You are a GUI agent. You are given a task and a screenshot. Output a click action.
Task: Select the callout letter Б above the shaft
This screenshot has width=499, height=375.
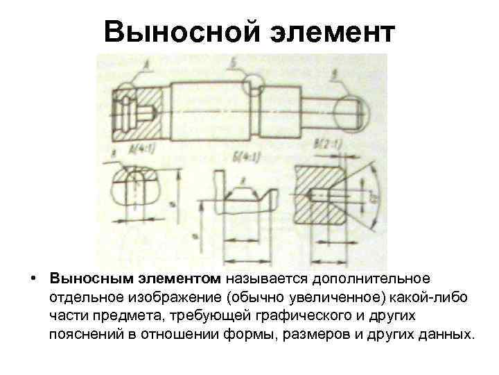234,64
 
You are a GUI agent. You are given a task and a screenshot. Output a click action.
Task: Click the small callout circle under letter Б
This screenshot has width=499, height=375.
255,86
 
